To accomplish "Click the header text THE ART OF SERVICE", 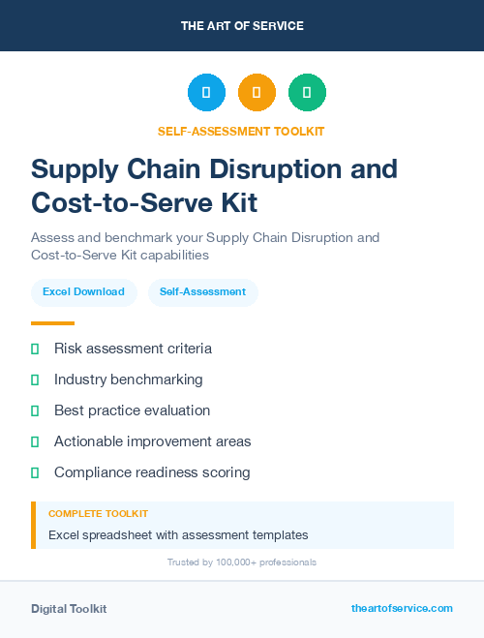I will [x=242, y=26].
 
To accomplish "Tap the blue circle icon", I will [x=206, y=93].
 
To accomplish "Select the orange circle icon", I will [x=257, y=93].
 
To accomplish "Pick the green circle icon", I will [x=307, y=93].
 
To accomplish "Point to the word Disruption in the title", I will [x=263, y=169].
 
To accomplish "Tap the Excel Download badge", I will [x=83, y=292].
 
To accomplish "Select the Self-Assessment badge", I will [x=202, y=292].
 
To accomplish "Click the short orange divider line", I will [x=52, y=323].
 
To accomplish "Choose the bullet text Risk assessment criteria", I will [x=133, y=349].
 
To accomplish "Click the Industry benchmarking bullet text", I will [x=128, y=380].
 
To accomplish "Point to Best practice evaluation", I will [x=132, y=410].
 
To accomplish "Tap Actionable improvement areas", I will [x=152, y=441].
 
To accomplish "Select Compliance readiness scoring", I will [x=152, y=472].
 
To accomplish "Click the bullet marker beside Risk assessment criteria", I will [x=35, y=349].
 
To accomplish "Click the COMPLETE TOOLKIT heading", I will [x=98, y=514].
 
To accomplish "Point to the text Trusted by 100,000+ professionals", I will [x=242, y=562].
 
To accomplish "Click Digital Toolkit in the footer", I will [x=69, y=609].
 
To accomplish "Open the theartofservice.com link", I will [x=402, y=608].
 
